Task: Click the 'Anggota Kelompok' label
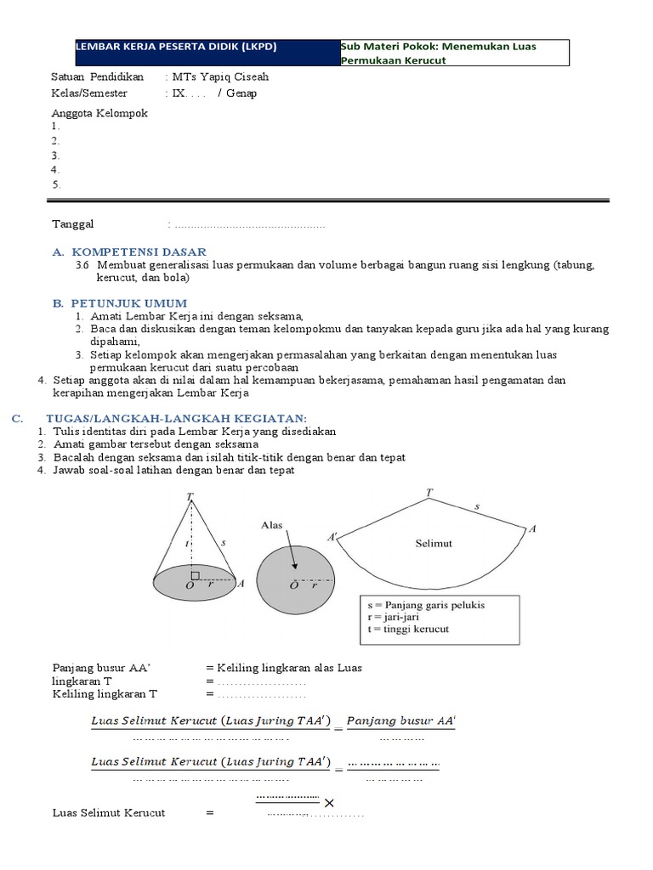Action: point(99,113)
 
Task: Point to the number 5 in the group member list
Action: point(55,184)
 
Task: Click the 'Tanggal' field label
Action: point(73,223)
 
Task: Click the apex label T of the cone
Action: point(189,495)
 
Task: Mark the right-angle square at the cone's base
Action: point(196,573)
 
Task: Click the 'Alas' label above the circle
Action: point(271,526)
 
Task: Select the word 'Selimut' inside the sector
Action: point(434,542)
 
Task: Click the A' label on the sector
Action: point(332,537)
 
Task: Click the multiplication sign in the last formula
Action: point(329,803)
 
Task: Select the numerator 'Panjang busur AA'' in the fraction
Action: point(401,720)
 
